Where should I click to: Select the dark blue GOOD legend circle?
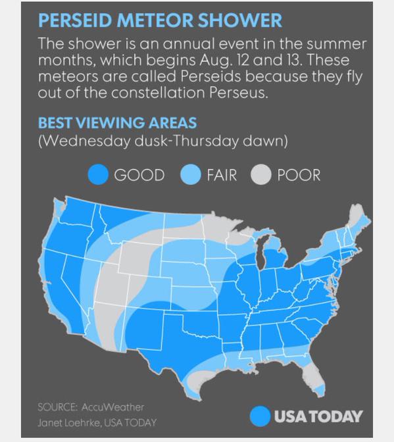point(99,175)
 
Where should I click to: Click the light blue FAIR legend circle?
point(191,175)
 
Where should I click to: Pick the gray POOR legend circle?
point(262,175)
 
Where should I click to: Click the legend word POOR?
point(299,175)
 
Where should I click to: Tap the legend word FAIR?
point(221,175)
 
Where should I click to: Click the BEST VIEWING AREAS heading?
point(117,123)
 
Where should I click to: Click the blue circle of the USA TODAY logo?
point(260,416)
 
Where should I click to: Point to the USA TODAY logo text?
point(318,416)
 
